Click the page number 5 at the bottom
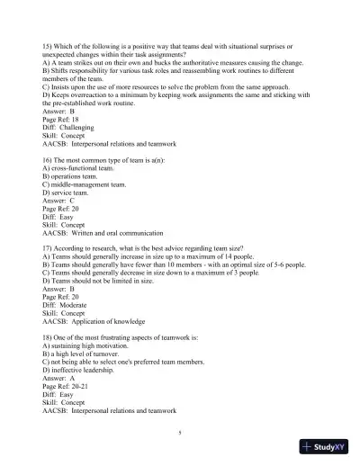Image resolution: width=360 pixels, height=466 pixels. (x=179, y=432)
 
